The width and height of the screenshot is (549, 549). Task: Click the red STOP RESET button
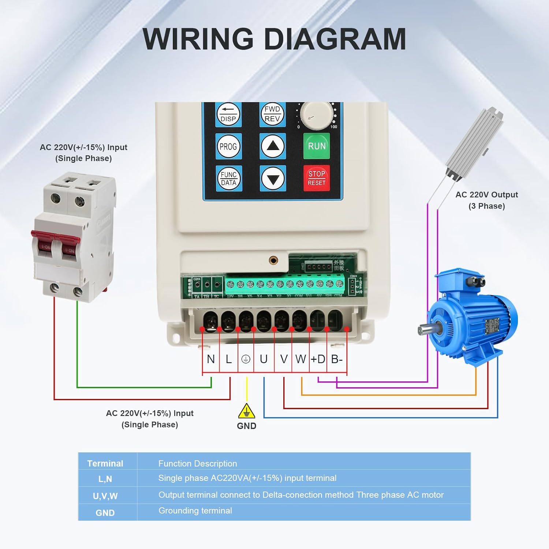coord(317,178)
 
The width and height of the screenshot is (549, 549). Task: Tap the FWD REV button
coord(272,114)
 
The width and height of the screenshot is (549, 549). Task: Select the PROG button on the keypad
coord(228,146)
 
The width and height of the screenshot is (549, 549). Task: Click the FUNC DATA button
coord(229,179)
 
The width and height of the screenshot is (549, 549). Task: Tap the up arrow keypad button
coord(273,146)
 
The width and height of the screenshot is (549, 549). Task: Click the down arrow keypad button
coord(273,179)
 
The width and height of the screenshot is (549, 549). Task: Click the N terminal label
coord(211,359)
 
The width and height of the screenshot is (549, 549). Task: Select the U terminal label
coord(264,359)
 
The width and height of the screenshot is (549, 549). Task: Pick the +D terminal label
coord(318,359)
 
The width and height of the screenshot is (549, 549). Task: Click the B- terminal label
coord(337,359)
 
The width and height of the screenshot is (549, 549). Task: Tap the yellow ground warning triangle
coord(246,411)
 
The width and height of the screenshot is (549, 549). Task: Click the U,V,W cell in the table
coord(105,496)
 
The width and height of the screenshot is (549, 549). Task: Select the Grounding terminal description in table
coord(195,511)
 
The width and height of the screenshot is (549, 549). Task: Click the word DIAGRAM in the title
coord(335,39)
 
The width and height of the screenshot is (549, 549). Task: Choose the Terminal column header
coord(105,463)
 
